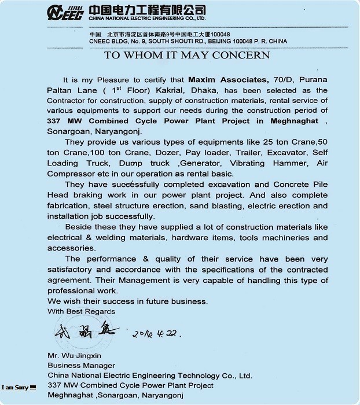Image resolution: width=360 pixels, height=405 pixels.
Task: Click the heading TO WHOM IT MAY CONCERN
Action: (x=186, y=56)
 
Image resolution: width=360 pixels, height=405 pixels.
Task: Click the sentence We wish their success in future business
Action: (x=127, y=301)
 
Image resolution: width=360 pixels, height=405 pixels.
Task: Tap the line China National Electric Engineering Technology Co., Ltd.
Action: (x=150, y=375)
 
